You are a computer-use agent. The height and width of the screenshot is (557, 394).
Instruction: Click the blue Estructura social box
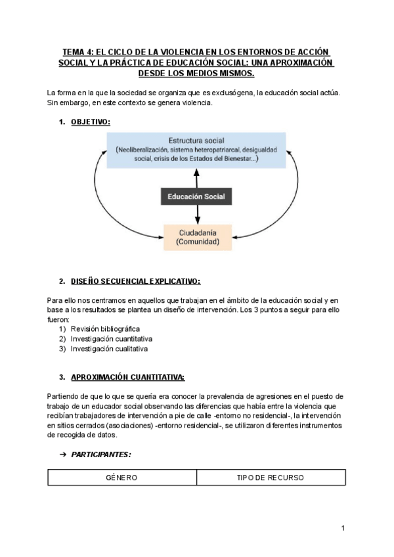196,150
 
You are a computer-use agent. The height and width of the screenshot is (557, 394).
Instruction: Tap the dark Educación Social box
196,196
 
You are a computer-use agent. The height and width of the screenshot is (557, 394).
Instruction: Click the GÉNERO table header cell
121,478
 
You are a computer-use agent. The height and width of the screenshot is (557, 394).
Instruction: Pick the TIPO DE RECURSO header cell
271,478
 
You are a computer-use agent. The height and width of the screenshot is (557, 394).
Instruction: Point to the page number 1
343,527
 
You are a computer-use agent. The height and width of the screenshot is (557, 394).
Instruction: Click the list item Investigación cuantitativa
111,339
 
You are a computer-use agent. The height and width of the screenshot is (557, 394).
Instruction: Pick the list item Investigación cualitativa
109,349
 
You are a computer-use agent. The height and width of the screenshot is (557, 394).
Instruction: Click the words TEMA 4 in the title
77,52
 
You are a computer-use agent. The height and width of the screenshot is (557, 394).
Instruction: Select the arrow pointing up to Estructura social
196,177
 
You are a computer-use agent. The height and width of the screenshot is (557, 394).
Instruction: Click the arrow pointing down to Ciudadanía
196,215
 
